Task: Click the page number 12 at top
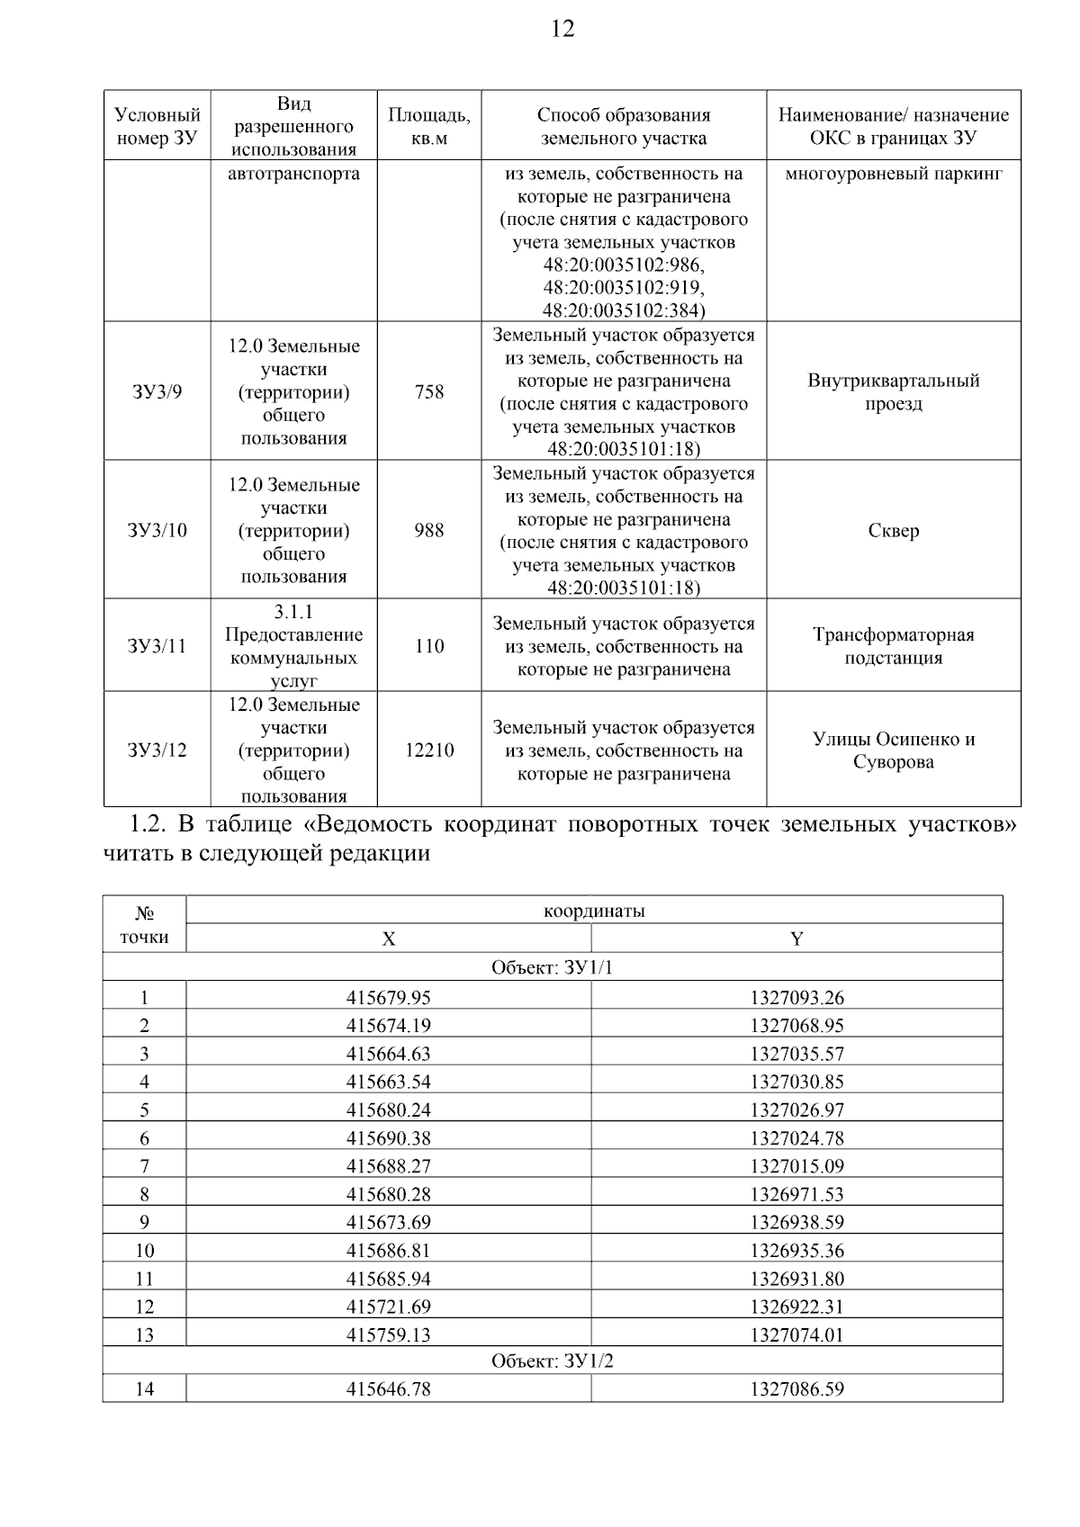point(562,29)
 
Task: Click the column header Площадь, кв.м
point(429,126)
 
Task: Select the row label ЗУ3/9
point(157,392)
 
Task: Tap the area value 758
point(429,392)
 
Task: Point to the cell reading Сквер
point(894,531)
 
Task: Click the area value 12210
point(429,750)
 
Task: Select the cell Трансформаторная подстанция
point(894,646)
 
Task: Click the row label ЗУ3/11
point(157,646)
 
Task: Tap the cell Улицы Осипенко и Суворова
point(894,750)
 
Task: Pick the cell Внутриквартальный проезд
point(894,392)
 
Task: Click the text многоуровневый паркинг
point(894,174)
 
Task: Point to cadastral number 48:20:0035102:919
point(624,288)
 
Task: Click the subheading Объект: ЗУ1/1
point(553,968)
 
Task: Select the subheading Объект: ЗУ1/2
point(553,1361)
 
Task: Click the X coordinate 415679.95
point(389,997)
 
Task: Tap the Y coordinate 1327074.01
point(797,1334)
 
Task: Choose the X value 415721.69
point(389,1307)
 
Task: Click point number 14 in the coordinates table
point(144,1389)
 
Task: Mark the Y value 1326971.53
point(797,1194)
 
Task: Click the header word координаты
point(594,911)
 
